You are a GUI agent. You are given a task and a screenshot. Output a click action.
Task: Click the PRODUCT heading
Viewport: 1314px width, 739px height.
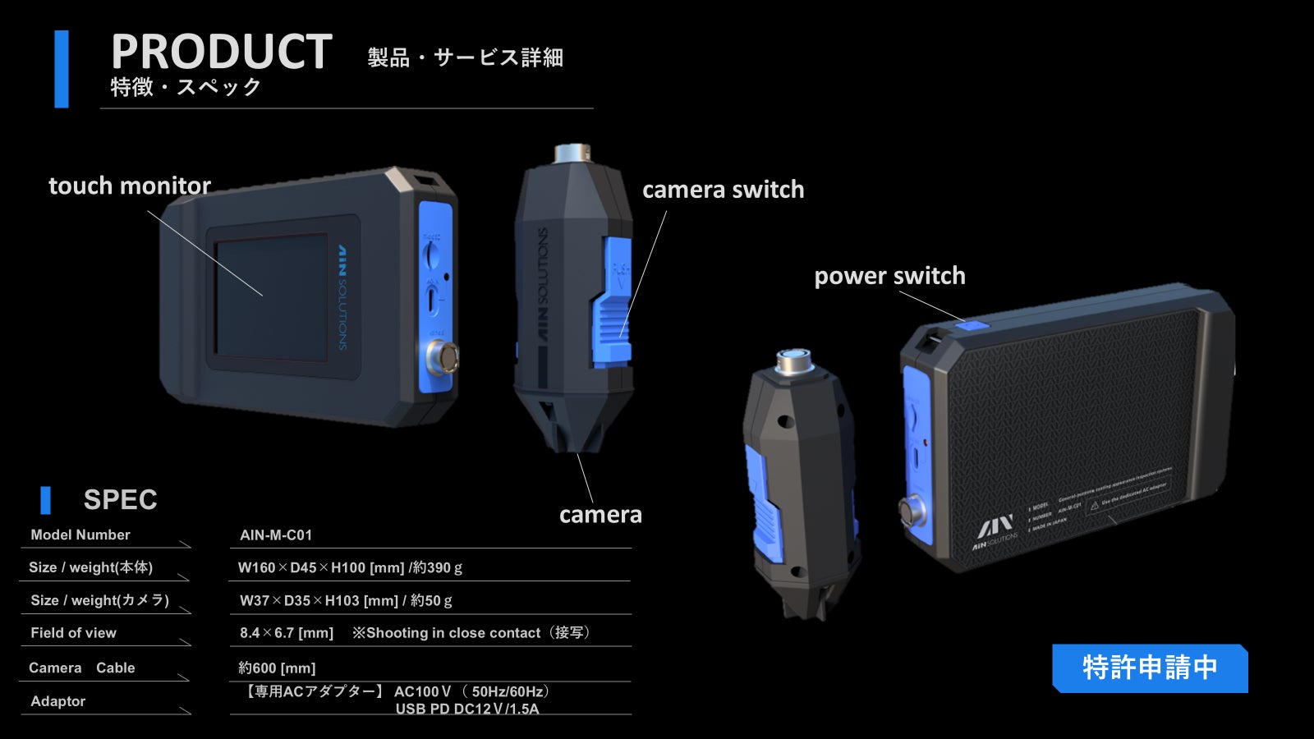point(221,52)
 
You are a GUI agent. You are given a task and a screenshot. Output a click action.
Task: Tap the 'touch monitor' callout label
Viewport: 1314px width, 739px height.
point(130,186)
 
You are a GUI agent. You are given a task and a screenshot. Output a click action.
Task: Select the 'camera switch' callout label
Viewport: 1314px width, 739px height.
point(723,190)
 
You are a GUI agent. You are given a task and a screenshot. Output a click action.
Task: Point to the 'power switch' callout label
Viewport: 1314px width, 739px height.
point(889,276)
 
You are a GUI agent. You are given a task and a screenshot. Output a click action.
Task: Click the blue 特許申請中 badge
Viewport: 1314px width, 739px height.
point(1149,668)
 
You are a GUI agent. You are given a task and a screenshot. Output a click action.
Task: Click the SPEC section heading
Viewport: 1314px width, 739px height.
point(120,499)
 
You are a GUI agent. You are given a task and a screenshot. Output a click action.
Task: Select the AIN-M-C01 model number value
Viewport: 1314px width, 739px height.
point(276,535)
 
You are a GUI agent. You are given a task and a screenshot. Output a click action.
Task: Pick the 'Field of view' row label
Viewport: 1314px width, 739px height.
point(73,633)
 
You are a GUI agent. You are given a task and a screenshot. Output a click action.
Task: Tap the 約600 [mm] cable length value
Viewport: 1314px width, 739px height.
point(277,668)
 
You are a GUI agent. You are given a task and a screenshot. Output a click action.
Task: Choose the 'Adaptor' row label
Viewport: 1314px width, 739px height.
point(57,701)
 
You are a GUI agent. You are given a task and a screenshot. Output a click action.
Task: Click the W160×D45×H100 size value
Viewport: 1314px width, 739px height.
point(350,567)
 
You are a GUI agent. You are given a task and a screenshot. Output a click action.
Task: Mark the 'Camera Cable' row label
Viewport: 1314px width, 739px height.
point(81,668)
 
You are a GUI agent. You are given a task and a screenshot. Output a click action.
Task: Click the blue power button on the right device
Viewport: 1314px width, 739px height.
point(972,325)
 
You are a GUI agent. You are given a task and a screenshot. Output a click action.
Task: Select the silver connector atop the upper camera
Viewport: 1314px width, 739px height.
point(572,154)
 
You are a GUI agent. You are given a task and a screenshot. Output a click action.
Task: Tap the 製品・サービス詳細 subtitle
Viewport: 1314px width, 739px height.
point(465,57)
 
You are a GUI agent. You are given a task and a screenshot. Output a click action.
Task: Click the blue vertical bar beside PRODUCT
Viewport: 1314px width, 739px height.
point(61,69)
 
